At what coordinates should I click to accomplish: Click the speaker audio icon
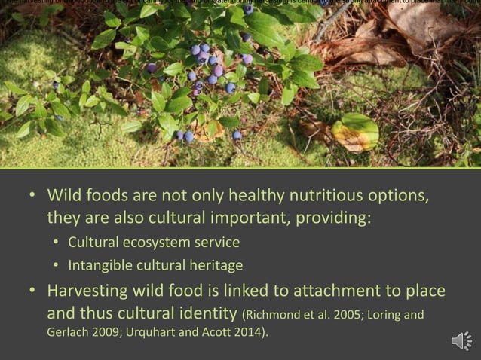[x=461, y=340]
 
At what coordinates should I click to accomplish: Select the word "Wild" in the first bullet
[x=66, y=196]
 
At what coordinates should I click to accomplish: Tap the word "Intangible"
[x=103, y=266]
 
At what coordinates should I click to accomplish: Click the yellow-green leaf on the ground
[x=355, y=133]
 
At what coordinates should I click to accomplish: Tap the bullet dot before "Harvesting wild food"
[x=32, y=291]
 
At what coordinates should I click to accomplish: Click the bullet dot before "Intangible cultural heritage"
[x=57, y=266]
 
